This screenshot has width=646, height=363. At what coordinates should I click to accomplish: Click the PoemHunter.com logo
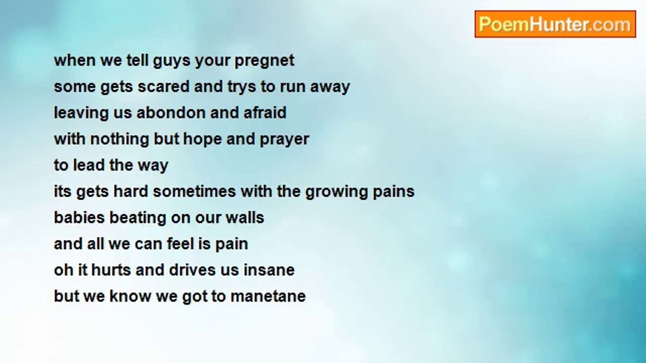tap(555, 24)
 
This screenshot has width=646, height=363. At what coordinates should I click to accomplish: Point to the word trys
tap(242, 87)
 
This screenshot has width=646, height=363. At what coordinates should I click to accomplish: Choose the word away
tap(330, 87)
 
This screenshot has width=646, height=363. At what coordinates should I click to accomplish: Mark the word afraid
tap(265, 112)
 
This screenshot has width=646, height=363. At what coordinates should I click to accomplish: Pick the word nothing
tap(119, 140)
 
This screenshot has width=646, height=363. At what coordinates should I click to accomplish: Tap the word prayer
tap(284, 140)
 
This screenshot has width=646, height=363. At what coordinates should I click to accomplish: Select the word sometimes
tap(194, 191)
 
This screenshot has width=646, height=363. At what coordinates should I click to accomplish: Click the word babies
tap(79, 217)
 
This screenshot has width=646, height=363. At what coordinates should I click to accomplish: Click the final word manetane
tap(268, 296)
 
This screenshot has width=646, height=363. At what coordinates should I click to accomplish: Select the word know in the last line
tap(130, 296)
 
